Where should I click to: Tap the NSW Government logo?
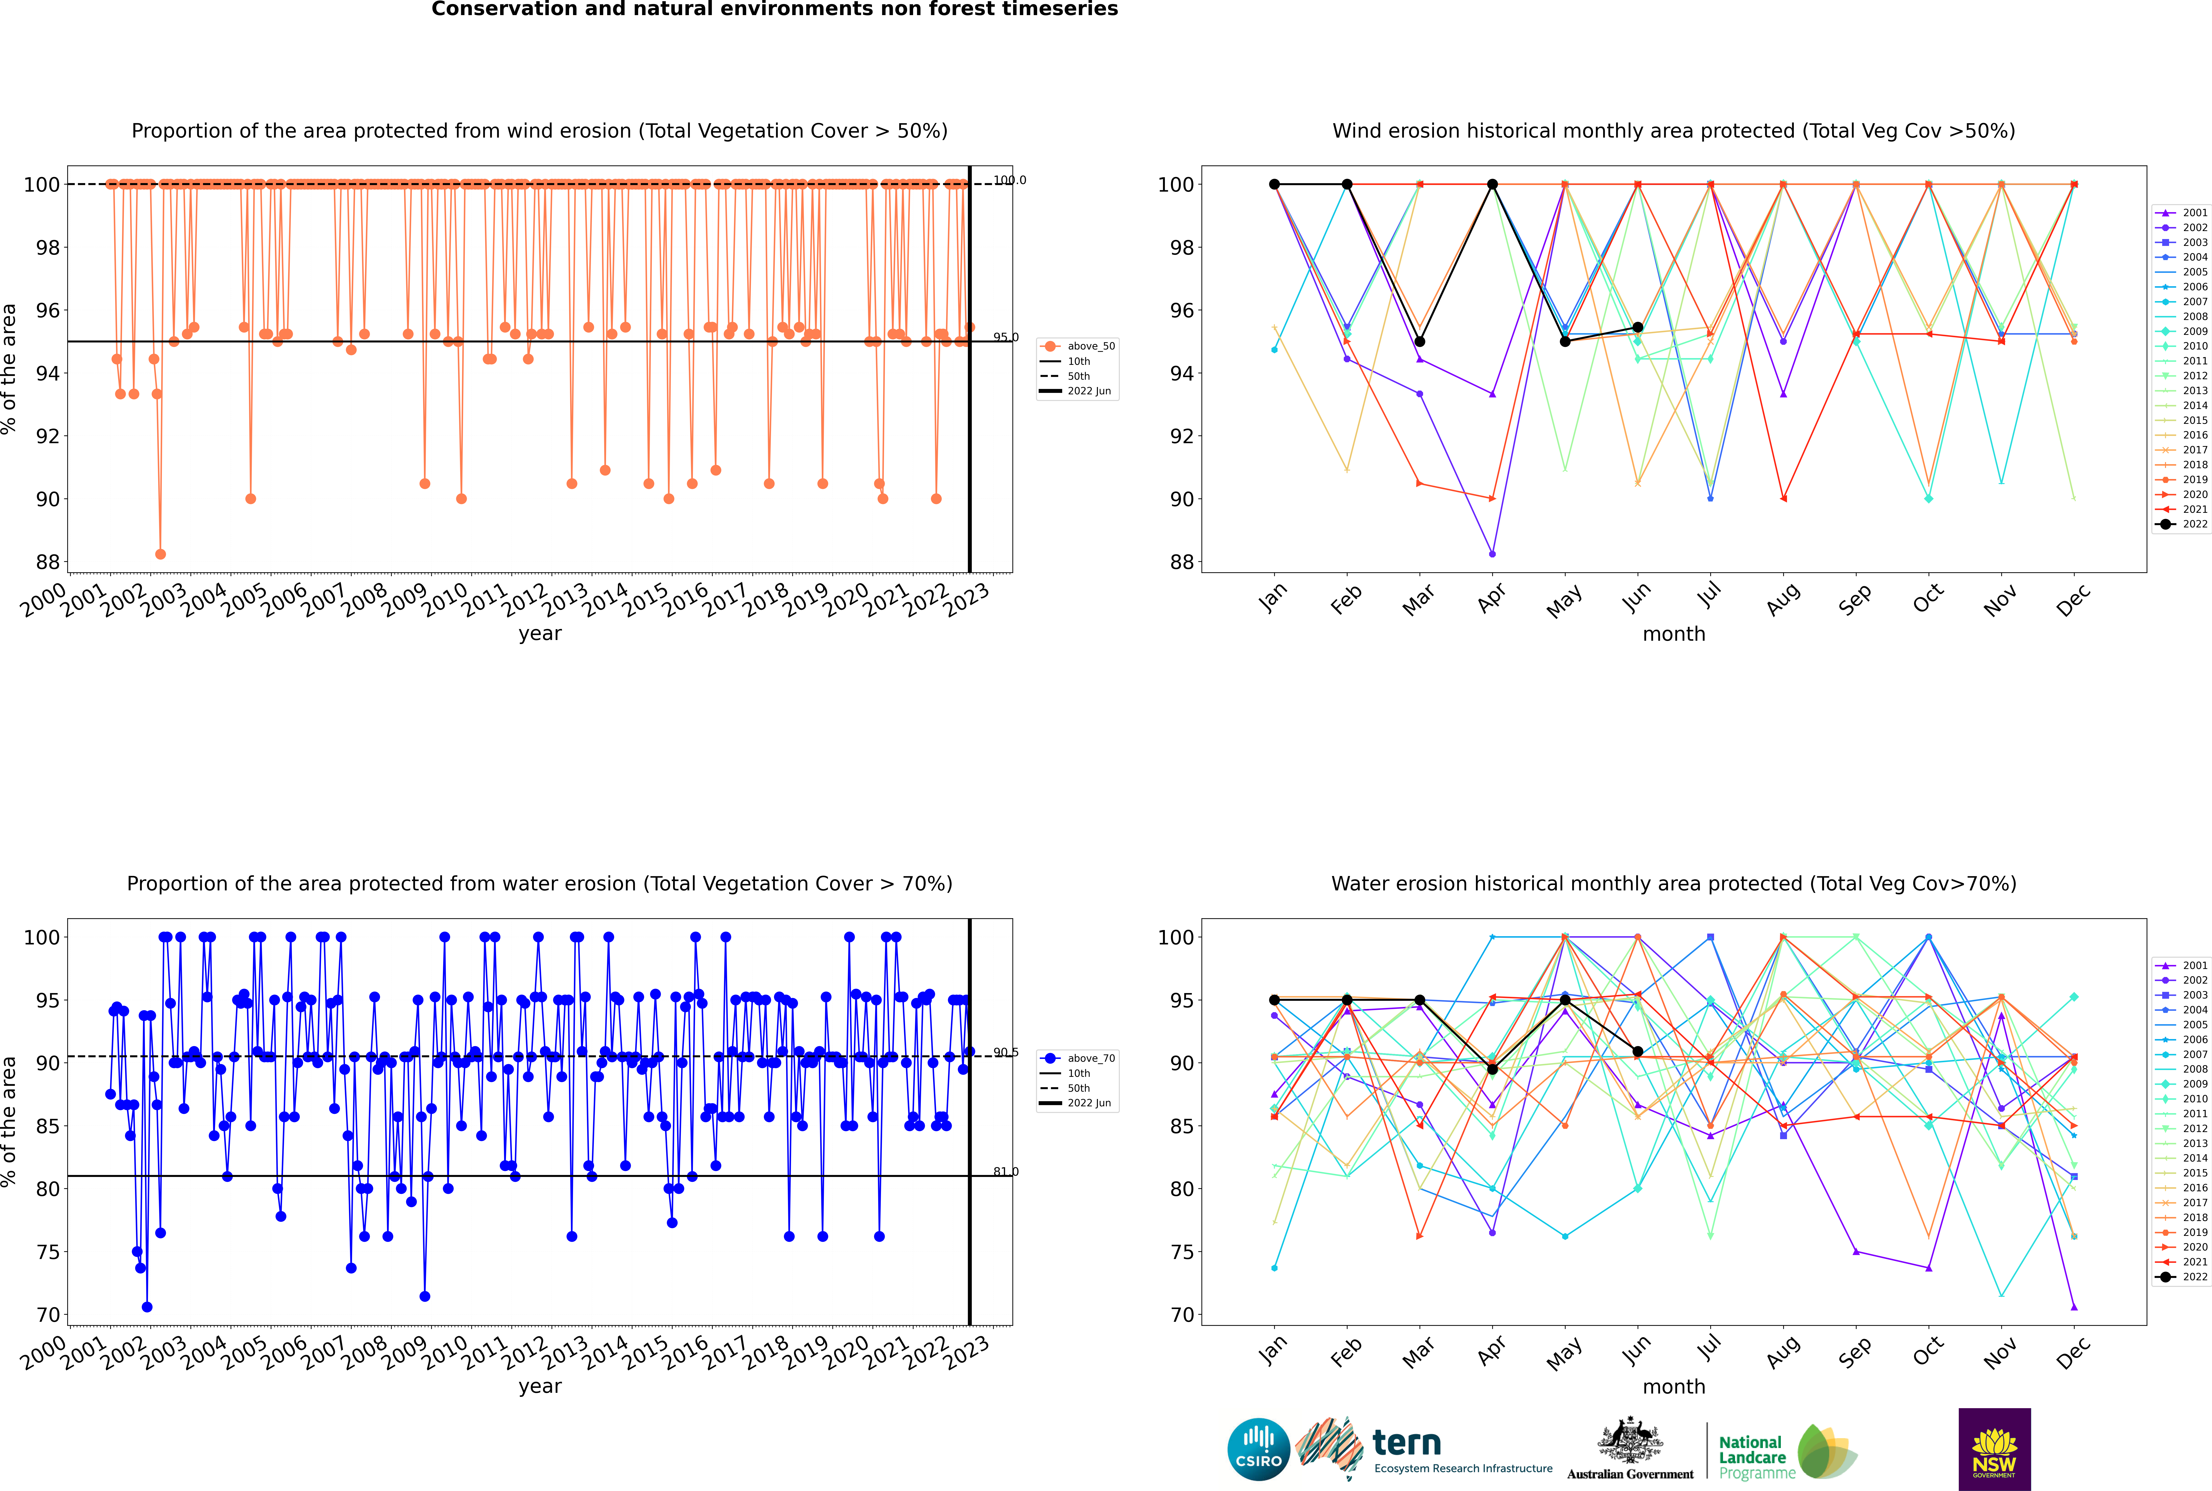coord(1994,1448)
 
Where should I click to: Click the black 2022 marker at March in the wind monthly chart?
coord(1420,341)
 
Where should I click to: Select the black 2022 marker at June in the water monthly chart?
coord(1638,1052)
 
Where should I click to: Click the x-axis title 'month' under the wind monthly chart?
coord(1674,634)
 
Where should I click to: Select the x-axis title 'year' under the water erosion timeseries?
coord(540,1386)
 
